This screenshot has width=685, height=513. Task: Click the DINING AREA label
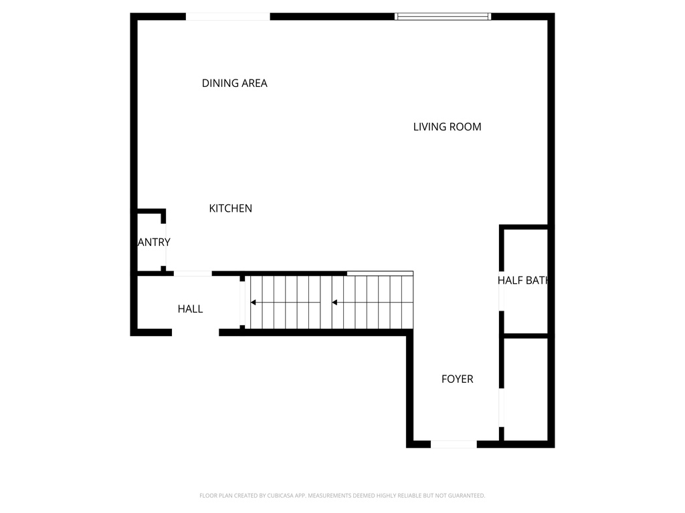234,83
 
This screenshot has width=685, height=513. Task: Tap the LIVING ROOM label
447,127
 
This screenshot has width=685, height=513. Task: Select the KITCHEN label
230,208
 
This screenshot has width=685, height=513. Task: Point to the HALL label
190,309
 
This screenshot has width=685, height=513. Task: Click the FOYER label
457,379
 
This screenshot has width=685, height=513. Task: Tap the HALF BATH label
523,281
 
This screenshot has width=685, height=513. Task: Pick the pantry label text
154,242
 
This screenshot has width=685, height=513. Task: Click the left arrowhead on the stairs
254,303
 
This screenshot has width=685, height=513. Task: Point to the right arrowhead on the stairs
334,303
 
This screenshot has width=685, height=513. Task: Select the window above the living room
443,17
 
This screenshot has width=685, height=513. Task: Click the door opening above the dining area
227,17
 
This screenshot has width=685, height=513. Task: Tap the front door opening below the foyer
454,444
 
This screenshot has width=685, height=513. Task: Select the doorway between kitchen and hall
193,273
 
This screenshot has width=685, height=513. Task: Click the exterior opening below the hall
195,332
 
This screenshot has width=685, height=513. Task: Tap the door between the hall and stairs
242,304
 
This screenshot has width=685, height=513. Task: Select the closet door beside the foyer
502,407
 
